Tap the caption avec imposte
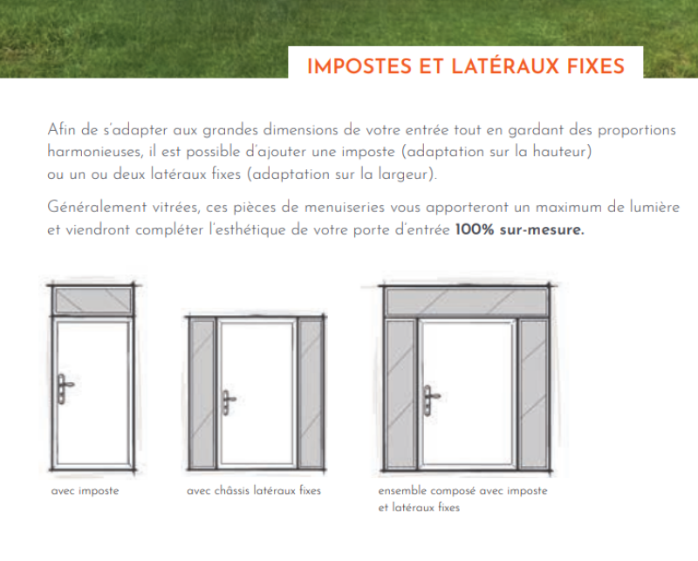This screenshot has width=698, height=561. pyautogui.click(x=85, y=491)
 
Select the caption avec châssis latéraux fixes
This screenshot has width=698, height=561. pyautogui.click(x=254, y=491)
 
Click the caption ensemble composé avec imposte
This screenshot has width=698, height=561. pyautogui.click(x=462, y=491)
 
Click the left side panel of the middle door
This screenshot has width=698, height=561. pyautogui.click(x=202, y=393)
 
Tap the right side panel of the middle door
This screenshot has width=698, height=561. pyautogui.click(x=311, y=393)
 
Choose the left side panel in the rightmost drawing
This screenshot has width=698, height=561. pyautogui.click(x=400, y=394)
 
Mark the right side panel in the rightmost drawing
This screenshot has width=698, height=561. pyautogui.click(x=533, y=394)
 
